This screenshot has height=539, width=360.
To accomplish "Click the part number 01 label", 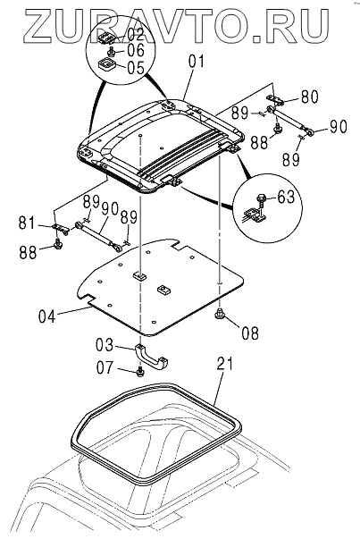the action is tap(197, 63).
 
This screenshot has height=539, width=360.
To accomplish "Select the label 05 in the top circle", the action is tap(136, 67).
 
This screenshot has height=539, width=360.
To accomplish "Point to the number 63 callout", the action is tap(286, 197).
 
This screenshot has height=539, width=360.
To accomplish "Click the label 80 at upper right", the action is tap(309, 97).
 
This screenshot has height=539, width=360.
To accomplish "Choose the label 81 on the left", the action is tap(27, 223).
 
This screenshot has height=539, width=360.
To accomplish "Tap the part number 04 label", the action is tap(46, 316).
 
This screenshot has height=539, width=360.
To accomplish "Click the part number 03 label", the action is tap(105, 345).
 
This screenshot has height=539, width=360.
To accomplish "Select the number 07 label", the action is tap(105, 367).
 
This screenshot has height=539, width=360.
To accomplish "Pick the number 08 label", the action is tap(250, 333).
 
